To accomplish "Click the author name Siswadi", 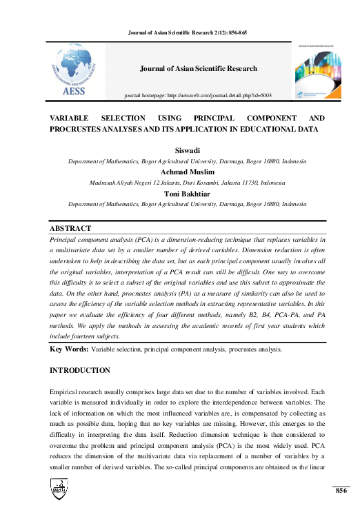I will point(187,152).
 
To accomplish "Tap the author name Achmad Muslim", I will point(187,172).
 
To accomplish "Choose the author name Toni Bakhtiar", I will point(187,194).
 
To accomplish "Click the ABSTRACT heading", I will point(70,228).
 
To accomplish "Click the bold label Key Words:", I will point(70,349).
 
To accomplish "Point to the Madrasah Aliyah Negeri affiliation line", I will point(187,183).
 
